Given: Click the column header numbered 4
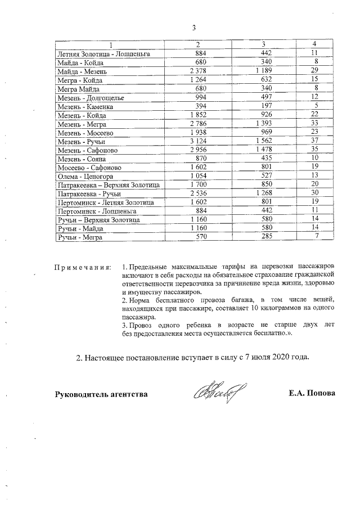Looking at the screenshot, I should (x=315, y=44).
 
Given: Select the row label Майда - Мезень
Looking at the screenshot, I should (x=85, y=71).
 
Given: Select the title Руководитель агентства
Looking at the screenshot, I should (x=101, y=394).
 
